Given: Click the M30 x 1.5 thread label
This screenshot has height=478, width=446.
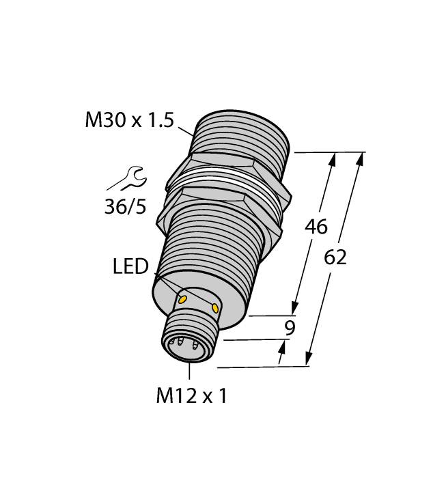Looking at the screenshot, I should coord(128,121).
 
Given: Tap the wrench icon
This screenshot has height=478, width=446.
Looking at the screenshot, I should coord(126,179).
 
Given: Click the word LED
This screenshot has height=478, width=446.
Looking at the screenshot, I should coord(130,267).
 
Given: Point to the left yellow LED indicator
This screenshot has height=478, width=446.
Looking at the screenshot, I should coord(182,298).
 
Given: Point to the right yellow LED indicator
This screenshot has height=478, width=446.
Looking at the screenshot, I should coord(216,309).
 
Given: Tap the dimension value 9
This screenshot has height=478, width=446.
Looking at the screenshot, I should coord(290,328).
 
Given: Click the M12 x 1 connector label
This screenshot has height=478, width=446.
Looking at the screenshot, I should coord(191,396).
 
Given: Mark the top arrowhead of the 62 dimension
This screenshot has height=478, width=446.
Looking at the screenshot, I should coord(360,159).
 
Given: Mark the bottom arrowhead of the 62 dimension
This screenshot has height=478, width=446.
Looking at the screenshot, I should coord(309,358).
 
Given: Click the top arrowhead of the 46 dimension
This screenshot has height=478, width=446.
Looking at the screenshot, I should coord(333,160).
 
